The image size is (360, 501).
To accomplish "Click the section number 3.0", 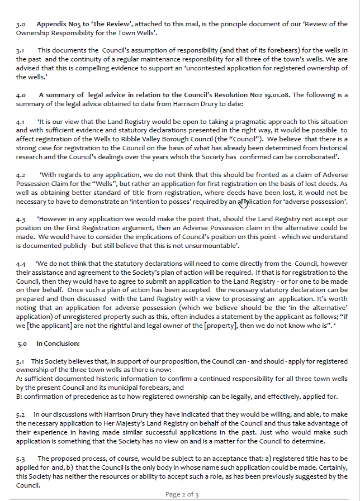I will point(21,25).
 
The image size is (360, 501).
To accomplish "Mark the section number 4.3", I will point(21,220).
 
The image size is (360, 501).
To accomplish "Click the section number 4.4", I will point(21,264).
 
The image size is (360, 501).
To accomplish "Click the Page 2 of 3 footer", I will point(182,494).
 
